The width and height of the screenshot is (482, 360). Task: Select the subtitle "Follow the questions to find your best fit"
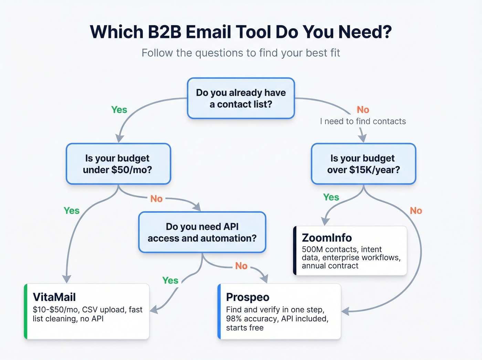(x=241, y=53)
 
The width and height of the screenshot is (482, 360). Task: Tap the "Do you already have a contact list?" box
(x=241, y=98)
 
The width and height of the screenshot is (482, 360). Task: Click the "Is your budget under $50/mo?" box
(x=118, y=164)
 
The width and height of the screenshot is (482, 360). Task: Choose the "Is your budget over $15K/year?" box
(x=363, y=164)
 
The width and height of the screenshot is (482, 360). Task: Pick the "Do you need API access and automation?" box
(x=202, y=232)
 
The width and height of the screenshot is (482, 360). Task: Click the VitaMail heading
(x=54, y=297)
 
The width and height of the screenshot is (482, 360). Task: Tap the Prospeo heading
(x=248, y=297)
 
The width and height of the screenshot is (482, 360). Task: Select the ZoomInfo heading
(x=326, y=238)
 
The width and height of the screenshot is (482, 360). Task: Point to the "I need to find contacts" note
(x=363, y=121)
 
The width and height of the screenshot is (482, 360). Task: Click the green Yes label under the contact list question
(x=119, y=110)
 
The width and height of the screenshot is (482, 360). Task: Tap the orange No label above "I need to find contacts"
(x=363, y=110)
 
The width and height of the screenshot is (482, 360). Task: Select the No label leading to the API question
(x=156, y=199)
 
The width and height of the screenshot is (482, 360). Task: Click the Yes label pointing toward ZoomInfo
(x=331, y=197)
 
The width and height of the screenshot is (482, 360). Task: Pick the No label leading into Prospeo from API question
(x=241, y=266)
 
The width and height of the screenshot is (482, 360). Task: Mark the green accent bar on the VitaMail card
(x=26, y=311)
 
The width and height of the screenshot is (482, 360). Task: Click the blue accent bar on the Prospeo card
(x=219, y=311)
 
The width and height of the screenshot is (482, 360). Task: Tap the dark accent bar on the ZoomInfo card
(x=295, y=250)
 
